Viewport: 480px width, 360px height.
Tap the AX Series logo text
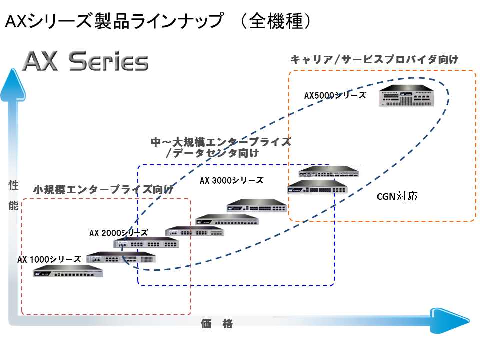pyautogui.click(x=86, y=62)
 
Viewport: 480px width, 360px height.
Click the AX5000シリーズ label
pyautogui.click(x=335, y=95)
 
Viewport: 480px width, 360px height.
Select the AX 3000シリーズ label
pyautogui.click(x=231, y=180)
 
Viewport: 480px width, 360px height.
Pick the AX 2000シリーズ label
pyautogui.click(x=118, y=233)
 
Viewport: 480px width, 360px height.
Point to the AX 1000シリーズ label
pyautogui.click(x=49, y=259)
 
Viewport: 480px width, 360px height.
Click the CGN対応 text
pyautogui.click(x=397, y=196)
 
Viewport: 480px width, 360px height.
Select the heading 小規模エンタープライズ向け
pyautogui.click(x=103, y=190)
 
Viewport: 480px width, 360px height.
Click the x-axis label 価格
pyautogui.click(x=217, y=324)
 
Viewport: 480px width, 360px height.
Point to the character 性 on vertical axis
pyautogui.click(x=13, y=186)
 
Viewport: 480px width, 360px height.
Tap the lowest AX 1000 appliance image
pyautogui.click(x=68, y=272)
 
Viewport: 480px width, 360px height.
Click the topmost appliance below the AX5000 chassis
pyautogui.click(x=330, y=171)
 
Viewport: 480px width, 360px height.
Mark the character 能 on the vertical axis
pyautogui.click(x=13, y=205)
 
